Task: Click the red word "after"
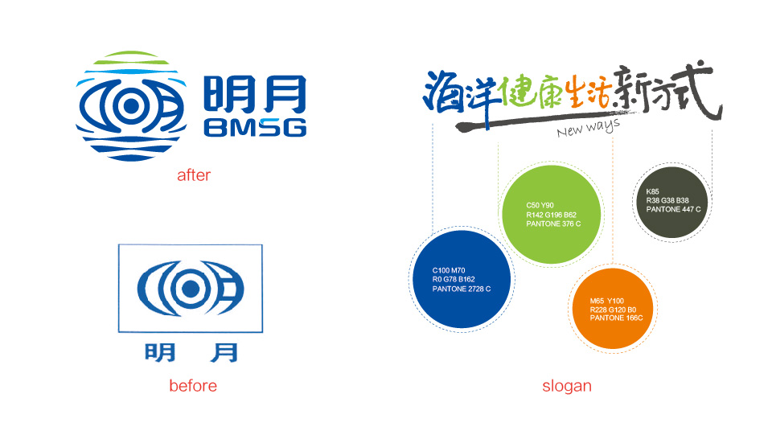194,175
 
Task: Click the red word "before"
193,386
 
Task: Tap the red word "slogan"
567,386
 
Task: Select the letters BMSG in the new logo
255,128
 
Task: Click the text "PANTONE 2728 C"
462,289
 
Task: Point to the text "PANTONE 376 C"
553,224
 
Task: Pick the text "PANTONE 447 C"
673,209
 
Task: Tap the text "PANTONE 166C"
617,318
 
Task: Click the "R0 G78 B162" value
454,280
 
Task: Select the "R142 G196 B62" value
551,215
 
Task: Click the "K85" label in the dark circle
652,191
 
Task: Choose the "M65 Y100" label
606,301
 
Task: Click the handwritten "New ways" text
588,129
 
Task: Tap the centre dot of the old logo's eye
191,289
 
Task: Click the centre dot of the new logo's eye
131,106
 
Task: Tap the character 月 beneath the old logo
224,353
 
